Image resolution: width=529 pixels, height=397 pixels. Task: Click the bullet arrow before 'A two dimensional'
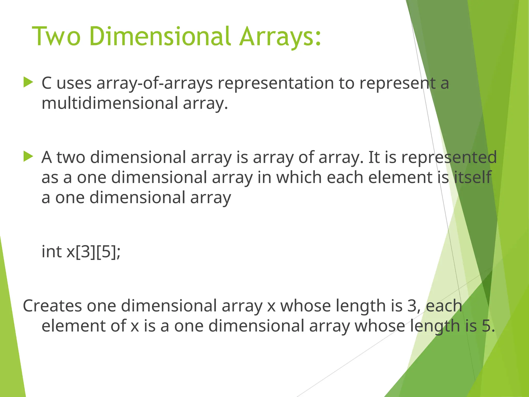(28, 156)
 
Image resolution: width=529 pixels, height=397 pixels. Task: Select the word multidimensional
(110, 103)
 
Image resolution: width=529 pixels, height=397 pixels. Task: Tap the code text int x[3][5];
(81, 251)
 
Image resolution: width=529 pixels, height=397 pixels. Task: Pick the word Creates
(52, 306)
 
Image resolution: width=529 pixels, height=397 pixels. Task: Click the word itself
(472, 177)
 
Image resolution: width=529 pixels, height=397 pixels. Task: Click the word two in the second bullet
(71, 157)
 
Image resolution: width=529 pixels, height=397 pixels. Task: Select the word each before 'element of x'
(444, 306)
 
